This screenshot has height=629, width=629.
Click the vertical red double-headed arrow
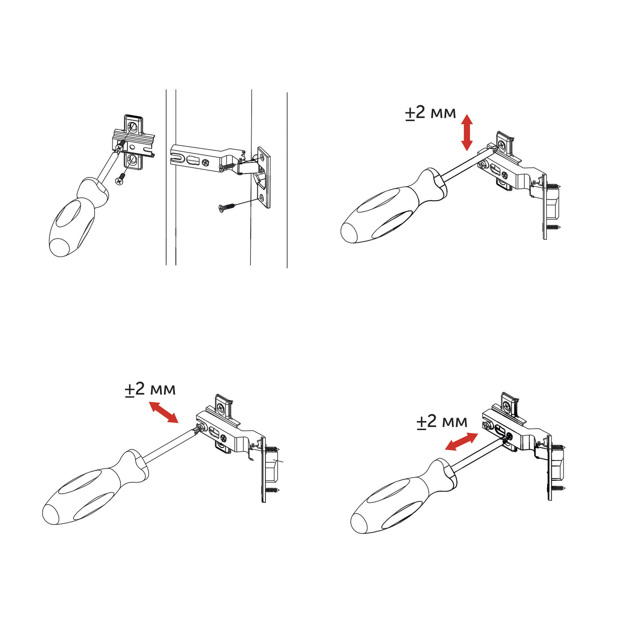(x=467, y=133)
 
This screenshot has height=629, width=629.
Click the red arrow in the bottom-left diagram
(x=164, y=412)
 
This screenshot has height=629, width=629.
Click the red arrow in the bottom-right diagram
(x=461, y=441)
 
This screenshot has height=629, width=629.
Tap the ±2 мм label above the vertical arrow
(x=430, y=113)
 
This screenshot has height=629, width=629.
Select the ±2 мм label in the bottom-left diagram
(x=150, y=389)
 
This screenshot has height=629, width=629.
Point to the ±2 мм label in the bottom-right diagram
(x=442, y=421)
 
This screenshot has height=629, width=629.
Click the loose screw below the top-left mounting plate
(x=121, y=179)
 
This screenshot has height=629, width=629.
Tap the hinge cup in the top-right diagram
(x=553, y=202)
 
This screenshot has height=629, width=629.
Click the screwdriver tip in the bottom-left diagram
(x=197, y=430)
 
